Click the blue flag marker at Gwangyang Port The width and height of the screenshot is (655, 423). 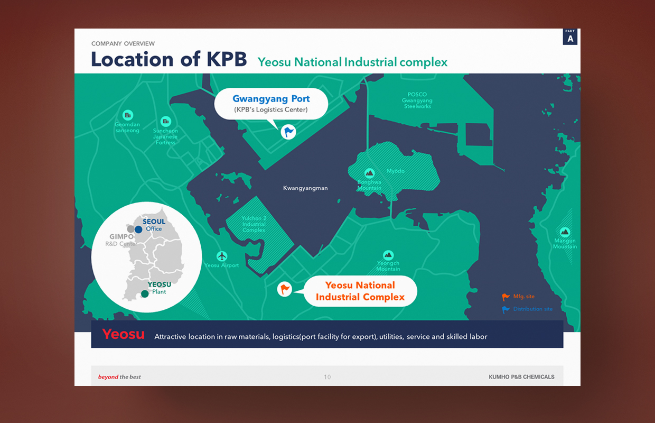[x=288, y=132]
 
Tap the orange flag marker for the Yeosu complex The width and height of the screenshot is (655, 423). [x=285, y=289]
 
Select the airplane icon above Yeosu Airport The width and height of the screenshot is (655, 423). [x=222, y=256]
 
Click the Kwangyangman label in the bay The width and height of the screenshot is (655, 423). [x=305, y=188]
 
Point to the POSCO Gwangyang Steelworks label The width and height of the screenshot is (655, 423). [x=417, y=100]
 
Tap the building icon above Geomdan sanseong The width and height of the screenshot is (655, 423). [x=128, y=115]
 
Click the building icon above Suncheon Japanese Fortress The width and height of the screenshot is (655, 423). [x=166, y=121]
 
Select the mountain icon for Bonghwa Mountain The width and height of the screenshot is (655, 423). [x=370, y=173]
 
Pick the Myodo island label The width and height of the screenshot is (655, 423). [x=396, y=171]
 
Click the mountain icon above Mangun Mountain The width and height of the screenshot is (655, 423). [x=565, y=232]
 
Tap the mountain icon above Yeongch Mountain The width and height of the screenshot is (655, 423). [x=388, y=255]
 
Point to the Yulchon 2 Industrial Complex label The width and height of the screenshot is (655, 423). [x=254, y=224]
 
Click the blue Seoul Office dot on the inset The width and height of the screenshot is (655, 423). [x=138, y=229]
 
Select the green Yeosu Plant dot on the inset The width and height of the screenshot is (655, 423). [x=145, y=293]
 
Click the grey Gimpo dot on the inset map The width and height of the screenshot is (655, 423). [x=130, y=228]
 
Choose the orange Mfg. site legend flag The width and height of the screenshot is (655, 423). [x=506, y=297]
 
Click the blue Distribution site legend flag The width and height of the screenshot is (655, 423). [x=506, y=309]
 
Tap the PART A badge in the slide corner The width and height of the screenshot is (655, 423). [x=570, y=36]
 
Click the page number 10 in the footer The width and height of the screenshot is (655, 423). [x=327, y=377]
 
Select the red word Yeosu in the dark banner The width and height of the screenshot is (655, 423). [x=124, y=334]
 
